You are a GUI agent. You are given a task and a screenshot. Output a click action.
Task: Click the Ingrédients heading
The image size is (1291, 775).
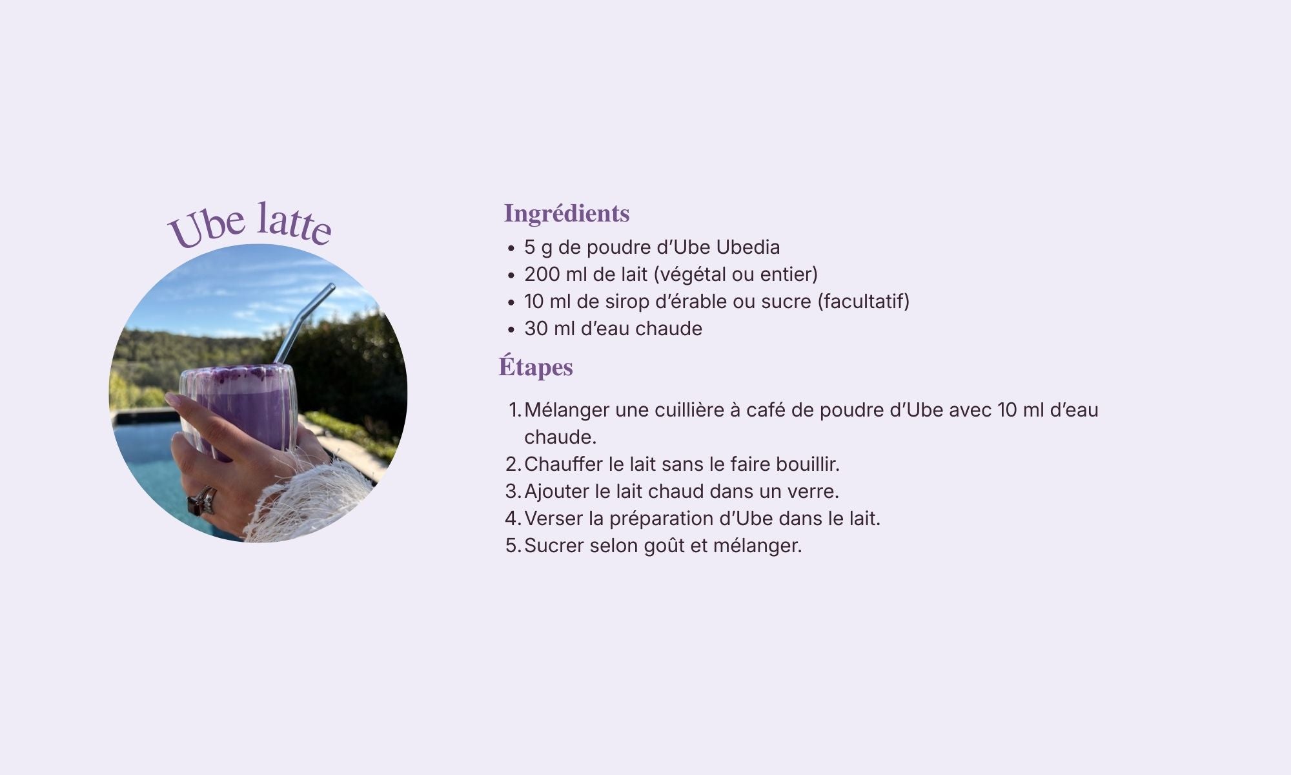(x=567, y=214)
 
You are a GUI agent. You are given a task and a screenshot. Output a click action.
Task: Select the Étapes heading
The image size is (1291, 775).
(x=536, y=367)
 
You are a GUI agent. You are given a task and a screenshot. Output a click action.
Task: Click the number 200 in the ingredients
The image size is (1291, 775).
(x=542, y=274)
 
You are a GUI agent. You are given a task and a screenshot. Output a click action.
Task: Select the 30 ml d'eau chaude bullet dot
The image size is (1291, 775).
(x=511, y=329)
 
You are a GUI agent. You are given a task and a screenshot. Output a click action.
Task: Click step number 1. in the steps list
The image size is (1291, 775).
(x=514, y=410)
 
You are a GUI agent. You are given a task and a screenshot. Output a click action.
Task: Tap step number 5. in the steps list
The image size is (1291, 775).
(x=513, y=546)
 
